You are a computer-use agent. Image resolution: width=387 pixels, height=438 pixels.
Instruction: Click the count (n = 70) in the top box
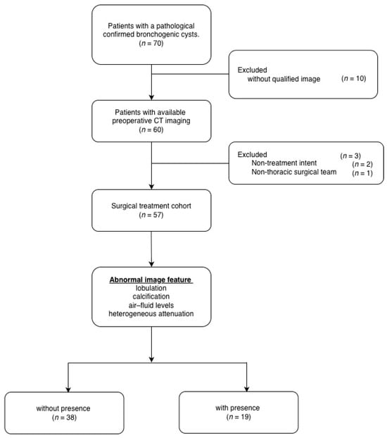click(x=151, y=43)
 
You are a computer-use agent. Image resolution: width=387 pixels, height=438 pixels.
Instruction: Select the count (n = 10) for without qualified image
click(x=353, y=78)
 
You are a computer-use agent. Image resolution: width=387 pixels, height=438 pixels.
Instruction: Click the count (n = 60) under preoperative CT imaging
click(x=151, y=130)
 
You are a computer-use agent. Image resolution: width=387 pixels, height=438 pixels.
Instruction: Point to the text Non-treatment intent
click(x=284, y=163)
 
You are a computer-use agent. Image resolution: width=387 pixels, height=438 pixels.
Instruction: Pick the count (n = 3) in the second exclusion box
click(x=350, y=156)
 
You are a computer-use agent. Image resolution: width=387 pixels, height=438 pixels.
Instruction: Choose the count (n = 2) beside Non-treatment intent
click(x=362, y=164)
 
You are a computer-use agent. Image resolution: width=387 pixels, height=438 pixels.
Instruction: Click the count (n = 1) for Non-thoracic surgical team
click(x=362, y=173)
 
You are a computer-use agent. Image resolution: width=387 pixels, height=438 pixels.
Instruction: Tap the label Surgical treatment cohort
click(x=151, y=206)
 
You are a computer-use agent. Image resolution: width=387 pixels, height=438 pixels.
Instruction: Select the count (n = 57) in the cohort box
click(x=151, y=215)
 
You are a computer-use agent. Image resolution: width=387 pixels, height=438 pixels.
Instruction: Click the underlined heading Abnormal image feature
click(x=150, y=280)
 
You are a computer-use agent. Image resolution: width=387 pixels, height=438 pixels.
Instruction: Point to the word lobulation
click(x=151, y=288)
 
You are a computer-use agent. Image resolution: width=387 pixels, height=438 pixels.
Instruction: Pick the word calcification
click(x=151, y=296)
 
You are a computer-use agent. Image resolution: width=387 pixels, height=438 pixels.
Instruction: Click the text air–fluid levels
click(x=151, y=306)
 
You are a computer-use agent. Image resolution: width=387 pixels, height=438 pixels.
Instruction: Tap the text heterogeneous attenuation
click(x=151, y=313)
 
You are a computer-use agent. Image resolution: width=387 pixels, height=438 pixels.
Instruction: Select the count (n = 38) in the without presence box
click(x=64, y=418)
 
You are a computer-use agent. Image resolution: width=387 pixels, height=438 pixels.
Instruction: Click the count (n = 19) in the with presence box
click(x=239, y=417)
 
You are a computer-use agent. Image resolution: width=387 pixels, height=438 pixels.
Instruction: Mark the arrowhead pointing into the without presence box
click(x=68, y=389)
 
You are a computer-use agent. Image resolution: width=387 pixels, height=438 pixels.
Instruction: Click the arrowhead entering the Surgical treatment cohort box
click(x=151, y=187)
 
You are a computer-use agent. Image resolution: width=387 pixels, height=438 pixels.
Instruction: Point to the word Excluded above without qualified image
click(x=252, y=70)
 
